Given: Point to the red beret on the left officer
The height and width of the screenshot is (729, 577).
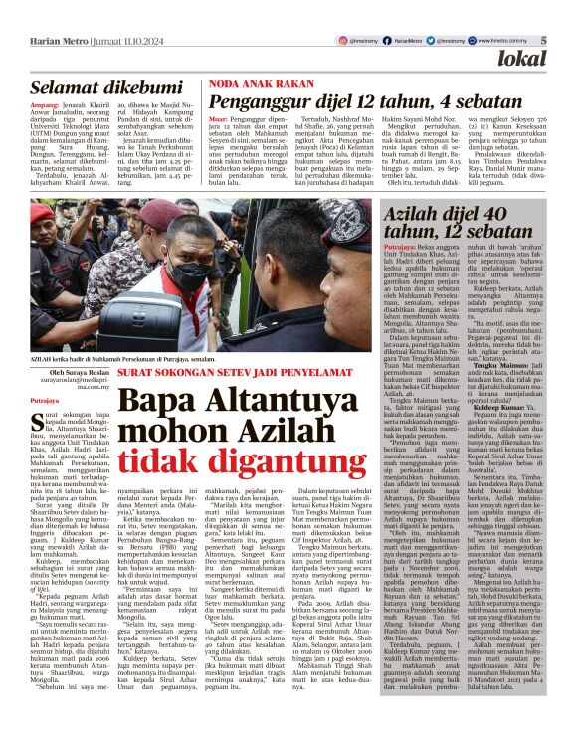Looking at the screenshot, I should pyautogui.click(x=41, y=214).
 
